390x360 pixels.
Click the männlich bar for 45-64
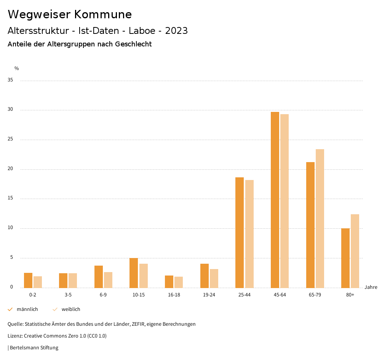pos(275,200)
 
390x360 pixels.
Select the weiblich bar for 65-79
pos(320,218)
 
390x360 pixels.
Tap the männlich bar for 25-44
pos(240,233)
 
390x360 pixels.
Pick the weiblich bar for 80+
pos(355,251)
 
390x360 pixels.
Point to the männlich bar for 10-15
pos(134,273)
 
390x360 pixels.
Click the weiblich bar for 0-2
pos(38,282)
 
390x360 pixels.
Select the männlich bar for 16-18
pos(169,282)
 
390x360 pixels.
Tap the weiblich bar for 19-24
pos(214,279)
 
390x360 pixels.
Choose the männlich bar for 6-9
pos(99,277)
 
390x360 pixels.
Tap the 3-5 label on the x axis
pos(68,295)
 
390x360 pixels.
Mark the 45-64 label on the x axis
pos(280,295)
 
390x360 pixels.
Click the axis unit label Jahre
pos(371,287)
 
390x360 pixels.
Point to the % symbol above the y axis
pos(17,68)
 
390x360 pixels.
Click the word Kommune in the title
pos(103,14)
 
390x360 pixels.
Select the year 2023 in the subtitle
pos(176,31)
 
